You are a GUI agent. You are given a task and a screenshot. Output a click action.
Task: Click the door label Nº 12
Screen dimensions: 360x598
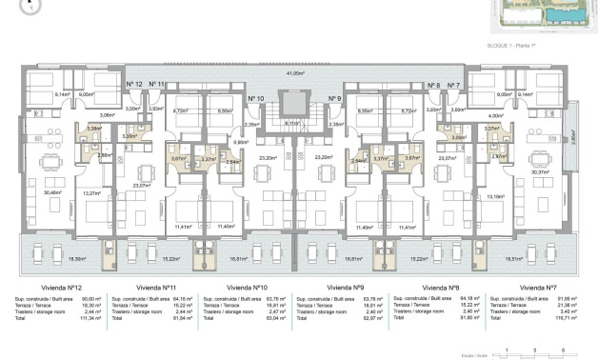pyautogui.click(x=134, y=86)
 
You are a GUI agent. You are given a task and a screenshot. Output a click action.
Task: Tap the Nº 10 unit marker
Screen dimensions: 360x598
pyautogui.click(x=254, y=99)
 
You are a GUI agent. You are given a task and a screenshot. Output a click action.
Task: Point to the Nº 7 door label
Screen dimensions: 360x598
pyautogui.click(x=453, y=86)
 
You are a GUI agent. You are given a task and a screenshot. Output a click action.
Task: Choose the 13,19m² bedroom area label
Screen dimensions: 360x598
pyautogui.click(x=496, y=197)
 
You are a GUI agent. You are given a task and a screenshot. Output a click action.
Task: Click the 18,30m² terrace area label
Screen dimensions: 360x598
pyautogui.click(x=76, y=258)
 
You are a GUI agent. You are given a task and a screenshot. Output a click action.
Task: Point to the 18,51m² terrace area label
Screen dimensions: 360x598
pyautogui.click(x=515, y=258)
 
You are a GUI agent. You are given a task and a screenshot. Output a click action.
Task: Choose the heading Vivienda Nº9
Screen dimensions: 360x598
pyautogui.click(x=342, y=287)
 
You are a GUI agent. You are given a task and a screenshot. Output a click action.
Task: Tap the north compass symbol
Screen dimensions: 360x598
pyautogui.click(x=31, y=5)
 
